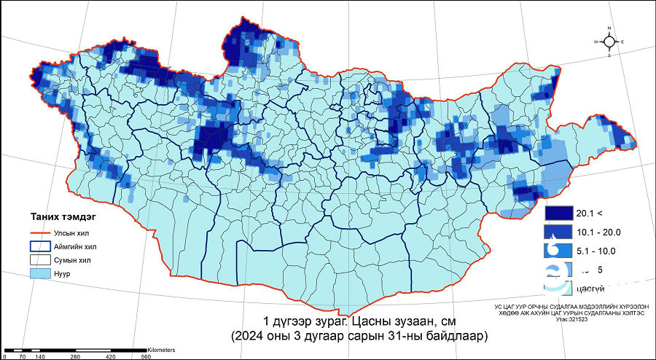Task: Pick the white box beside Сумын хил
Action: pyautogui.click(x=39, y=259)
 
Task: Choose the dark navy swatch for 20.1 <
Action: pyautogui.click(x=558, y=214)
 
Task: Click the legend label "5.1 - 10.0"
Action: pyautogui.click(x=597, y=251)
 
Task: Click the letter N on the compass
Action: pyautogui.click(x=610, y=29)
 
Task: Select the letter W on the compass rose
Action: pyautogui.click(x=596, y=42)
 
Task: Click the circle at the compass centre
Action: pyautogui.click(x=610, y=42)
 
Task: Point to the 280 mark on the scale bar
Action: pyautogui.click(x=76, y=356)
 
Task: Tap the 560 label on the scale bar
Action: pyautogui.click(x=146, y=356)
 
